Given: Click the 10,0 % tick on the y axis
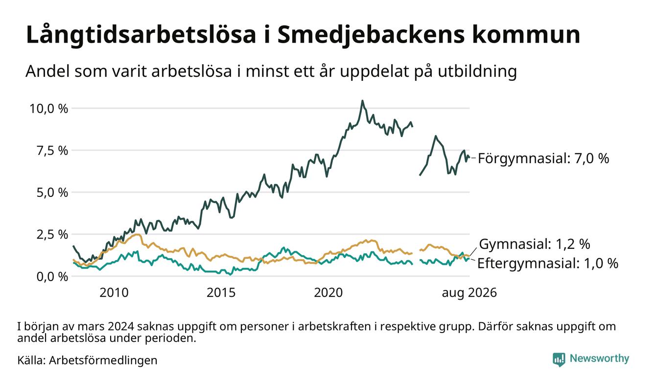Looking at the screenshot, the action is pyautogui.click(x=48, y=109).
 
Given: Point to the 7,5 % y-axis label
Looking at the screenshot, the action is pyautogui.click(x=52, y=151).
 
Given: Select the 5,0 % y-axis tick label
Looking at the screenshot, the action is pyautogui.click(x=52, y=193).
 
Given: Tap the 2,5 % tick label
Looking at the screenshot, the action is pyautogui.click(x=52, y=235).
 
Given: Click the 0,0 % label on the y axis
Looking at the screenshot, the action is pyautogui.click(x=52, y=277).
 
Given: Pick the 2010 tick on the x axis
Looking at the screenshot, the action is pyautogui.click(x=114, y=293).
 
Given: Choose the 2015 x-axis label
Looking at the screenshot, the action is pyautogui.click(x=221, y=293).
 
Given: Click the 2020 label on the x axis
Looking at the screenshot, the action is pyautogui.click(x=328, y=293).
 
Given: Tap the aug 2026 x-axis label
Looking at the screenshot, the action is pyautogui.click(x=469, y=293).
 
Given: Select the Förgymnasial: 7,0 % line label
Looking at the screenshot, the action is pyautogui.click(x=543, y=159).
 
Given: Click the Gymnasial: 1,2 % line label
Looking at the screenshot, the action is pyautogui.click(x=535, y=244).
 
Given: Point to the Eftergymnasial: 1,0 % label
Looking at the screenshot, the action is pyautogui.click(x=548, y=263).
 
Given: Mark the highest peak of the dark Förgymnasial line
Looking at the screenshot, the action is pyautogui.click(x=362, y=101).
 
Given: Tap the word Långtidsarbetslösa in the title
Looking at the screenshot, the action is pyautogui.click(x=141, y=35).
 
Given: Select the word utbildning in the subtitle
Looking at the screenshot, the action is pyautogui.click(x=477, y=72).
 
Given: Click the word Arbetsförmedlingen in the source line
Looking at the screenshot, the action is pyautogui.click(x=103, y=360).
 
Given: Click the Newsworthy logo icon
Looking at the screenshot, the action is pyautogui.click(x=559, y=359).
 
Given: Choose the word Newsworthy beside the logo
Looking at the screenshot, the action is pyautogui.click(x=599, y=358).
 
